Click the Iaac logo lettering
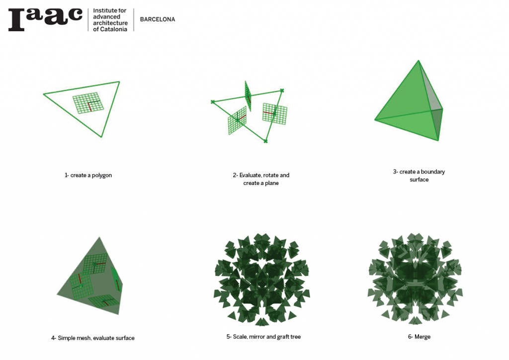point(45,19)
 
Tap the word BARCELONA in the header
point(158,19)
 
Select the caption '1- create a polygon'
point(88,176)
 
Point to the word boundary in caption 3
point(433,172)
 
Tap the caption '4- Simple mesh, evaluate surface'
point(93,338)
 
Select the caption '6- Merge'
point(419,337)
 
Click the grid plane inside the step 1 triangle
point(88,103)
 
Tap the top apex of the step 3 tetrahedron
point(419,60)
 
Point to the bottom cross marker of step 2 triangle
point(265,141)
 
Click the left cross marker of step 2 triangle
point(213,102)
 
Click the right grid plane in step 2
point(274,113)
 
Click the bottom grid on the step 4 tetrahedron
point(104,301)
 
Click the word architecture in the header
point(110,23)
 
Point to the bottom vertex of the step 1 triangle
point(101,137)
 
